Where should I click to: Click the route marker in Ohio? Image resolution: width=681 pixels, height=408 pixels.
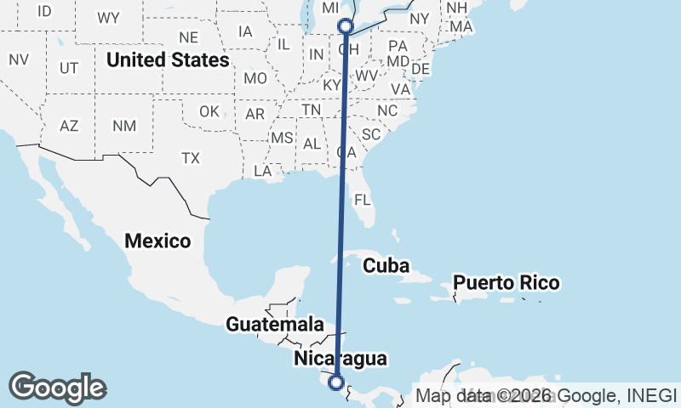click(346, 26)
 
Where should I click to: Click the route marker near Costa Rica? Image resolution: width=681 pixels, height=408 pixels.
click(336, 382)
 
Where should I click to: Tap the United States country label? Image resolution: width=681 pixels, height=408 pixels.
click(168, 60)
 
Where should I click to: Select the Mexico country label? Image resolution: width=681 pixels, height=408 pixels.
click(157, 241)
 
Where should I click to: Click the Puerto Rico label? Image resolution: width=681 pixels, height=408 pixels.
click(506, 282)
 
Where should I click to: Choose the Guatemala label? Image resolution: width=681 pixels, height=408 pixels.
click(274, 324)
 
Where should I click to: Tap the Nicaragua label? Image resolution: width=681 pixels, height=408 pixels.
click(340, 358)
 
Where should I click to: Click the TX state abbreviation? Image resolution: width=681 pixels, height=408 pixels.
click(190, 158)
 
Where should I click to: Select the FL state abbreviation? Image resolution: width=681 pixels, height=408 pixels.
click(363, 201)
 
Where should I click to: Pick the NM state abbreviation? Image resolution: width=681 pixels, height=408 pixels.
click(123, 126)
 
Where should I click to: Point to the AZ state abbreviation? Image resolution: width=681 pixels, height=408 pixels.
click(69, 126)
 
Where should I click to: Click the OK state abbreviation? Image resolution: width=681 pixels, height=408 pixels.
click(209, 111)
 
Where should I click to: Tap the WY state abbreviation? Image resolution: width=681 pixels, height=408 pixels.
click(108, 18)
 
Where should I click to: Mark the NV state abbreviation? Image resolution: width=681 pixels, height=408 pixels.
click(19, 59)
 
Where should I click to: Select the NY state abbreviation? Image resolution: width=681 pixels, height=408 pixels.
click(420, 19)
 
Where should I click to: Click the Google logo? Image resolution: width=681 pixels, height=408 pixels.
click(57, 388)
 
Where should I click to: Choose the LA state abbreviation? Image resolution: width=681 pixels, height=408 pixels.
click(262, 171)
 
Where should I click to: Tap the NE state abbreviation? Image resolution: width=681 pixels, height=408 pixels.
click(188, 37)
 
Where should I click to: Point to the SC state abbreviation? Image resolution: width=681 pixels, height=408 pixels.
click(371, 134)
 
